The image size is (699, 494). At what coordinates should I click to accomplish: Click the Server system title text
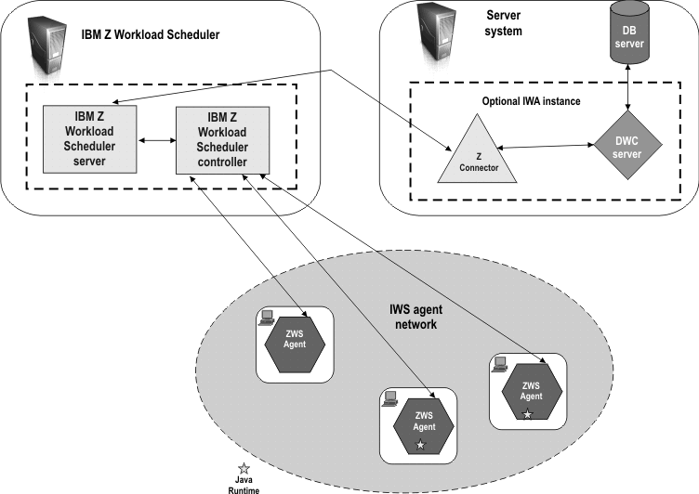click(505, 23)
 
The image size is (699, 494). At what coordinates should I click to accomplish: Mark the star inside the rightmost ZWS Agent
click(527, 414)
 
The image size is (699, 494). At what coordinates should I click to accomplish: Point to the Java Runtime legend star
click(244, 467)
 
